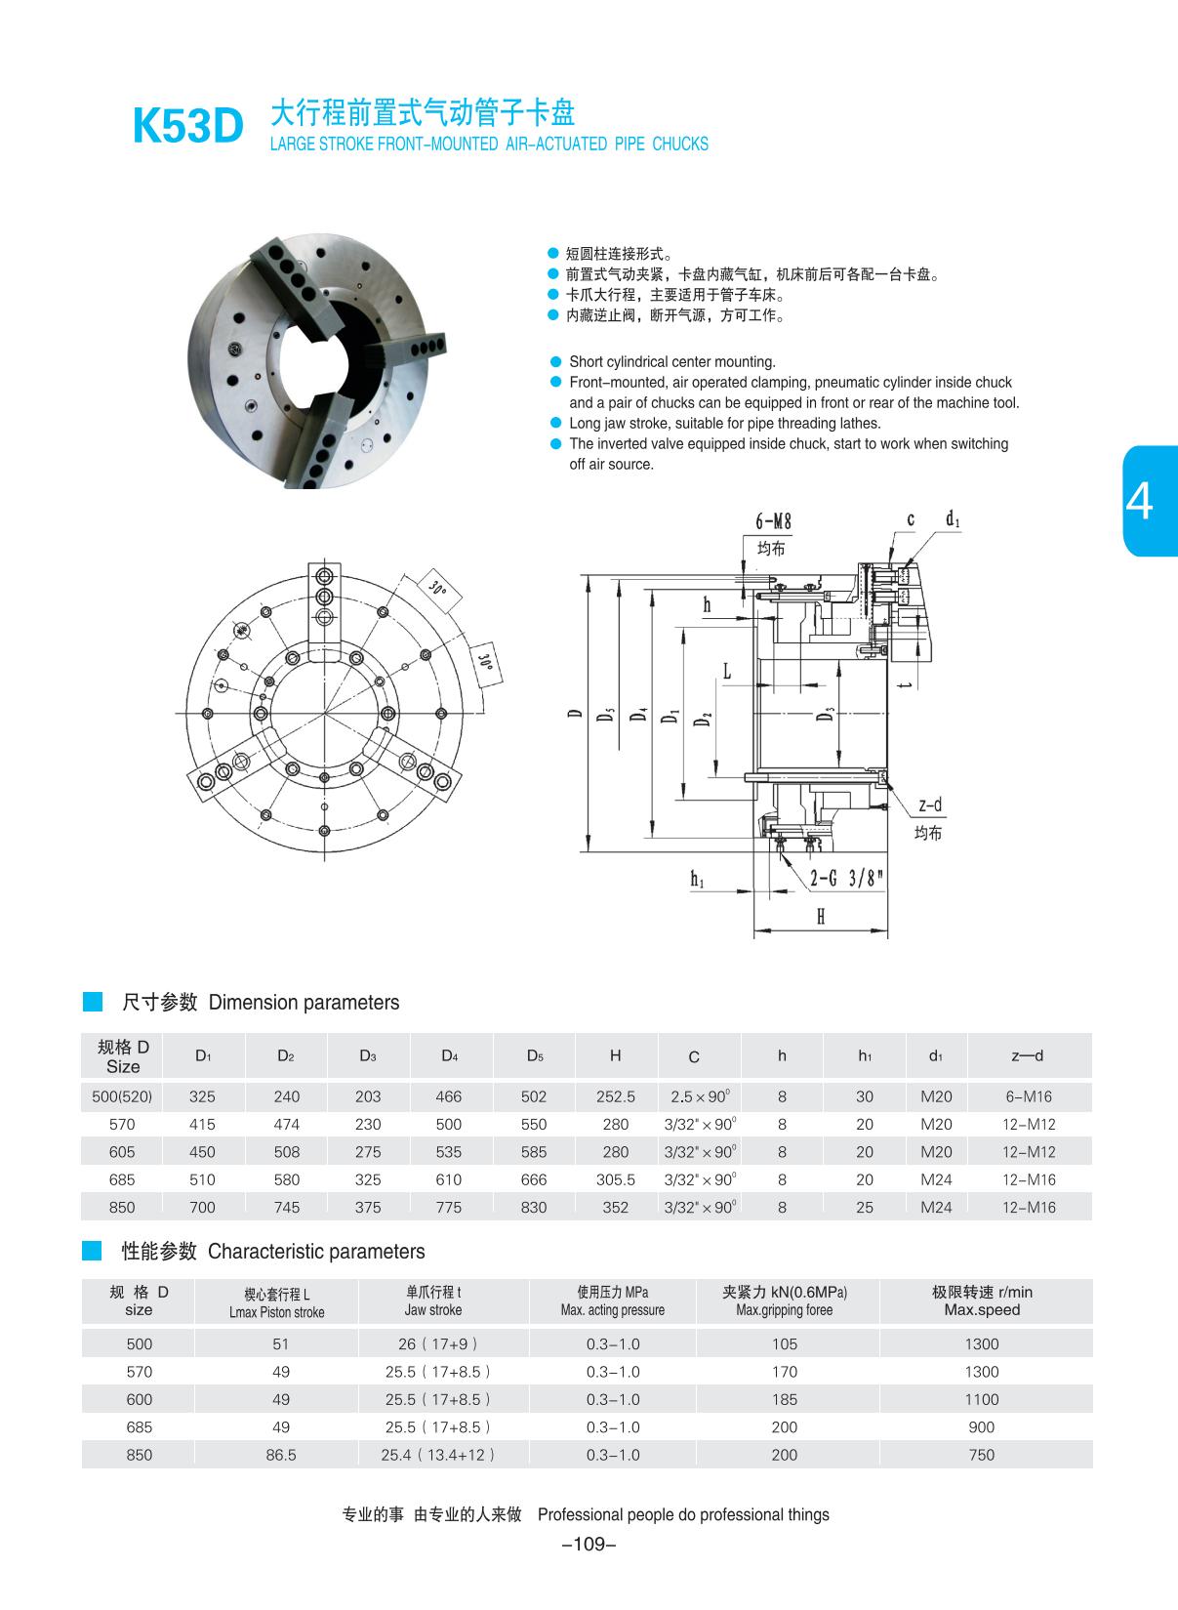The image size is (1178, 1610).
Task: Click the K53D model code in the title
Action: pyautogui.click(x=187, y=127)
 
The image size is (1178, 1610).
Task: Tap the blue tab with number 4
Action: pyautogui.click(x=1151, y=501)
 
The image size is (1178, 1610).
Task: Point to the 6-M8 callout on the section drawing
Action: pyautogui.click(x=773, y=520)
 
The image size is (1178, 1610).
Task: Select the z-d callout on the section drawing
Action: pyautogui.click(x=929, y=805)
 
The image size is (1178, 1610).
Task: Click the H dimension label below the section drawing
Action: pyautogui.click(x=821, y=916)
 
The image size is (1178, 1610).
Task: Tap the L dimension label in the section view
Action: pyautogui.click(x=727, y=671)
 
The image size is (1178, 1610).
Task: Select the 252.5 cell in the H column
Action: pyautogui.click(x=615, y=1096)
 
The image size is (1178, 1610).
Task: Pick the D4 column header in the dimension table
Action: pyautogui.click(x=449, y=1055)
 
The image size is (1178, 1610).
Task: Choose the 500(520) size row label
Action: pyautogui.click(x=122, y=1096)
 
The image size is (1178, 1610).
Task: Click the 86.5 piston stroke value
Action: pyautogui.click(x=280, y=1455)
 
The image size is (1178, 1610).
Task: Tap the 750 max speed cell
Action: pyautogui.click(x=981, y=1455)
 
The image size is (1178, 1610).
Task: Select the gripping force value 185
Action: pyautogui.click(x=784, y=1399)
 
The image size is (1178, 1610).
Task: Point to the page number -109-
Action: pyautogui.click(x=589, y=1545)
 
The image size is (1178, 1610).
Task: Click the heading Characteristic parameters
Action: pyautogui.click(x=316, y=1252)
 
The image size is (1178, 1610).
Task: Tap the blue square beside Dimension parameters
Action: pyautogui.click(x=93, y=1002)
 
